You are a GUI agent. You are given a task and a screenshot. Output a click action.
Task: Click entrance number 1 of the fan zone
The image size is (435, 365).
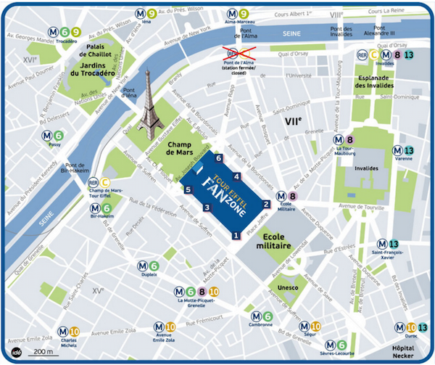(236, 235)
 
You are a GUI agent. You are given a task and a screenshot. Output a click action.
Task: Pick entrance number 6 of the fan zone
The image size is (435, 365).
(217, 158)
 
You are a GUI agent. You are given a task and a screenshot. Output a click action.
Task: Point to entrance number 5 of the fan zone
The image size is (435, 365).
(188, 190)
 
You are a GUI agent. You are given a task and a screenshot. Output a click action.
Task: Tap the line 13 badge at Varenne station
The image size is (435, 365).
(409, 150)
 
